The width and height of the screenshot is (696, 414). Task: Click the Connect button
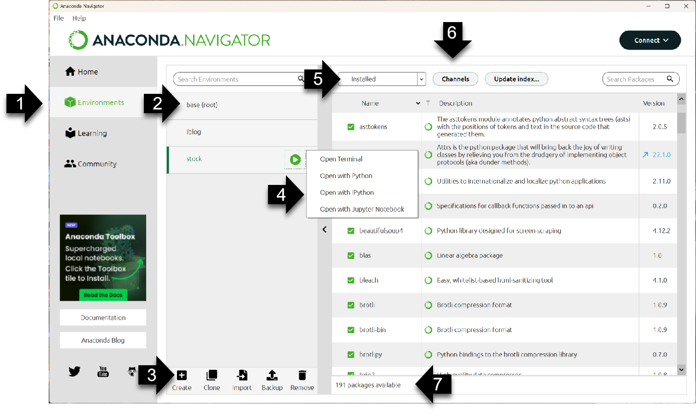click(650, 40)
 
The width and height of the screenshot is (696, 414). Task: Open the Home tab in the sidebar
click(82, 72)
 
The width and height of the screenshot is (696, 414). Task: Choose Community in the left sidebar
click(91, 164)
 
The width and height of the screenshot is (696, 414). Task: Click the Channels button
click(455, 79)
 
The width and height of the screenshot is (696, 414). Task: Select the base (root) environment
click(202, 105)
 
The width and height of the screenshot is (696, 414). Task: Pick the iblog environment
click(194, 132)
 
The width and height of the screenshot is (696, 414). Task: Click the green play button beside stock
click(295, 160)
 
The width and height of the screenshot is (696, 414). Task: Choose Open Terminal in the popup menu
click(341, 159)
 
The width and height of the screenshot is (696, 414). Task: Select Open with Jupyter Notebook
click(362, 209)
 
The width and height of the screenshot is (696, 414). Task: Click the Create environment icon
click(182, 376)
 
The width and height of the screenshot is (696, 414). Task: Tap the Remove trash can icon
click(302, 376)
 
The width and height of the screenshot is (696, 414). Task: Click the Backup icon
click(272, 376)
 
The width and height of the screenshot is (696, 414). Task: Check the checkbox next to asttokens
click(351, 127)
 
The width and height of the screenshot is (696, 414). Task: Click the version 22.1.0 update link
click(661, 155)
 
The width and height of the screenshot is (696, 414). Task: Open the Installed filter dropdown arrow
click(421, 79)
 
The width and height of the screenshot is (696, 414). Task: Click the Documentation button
click(103, 318)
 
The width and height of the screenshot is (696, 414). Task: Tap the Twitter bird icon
click(74, 371)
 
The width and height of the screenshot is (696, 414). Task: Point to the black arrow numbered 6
click(452, 41)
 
